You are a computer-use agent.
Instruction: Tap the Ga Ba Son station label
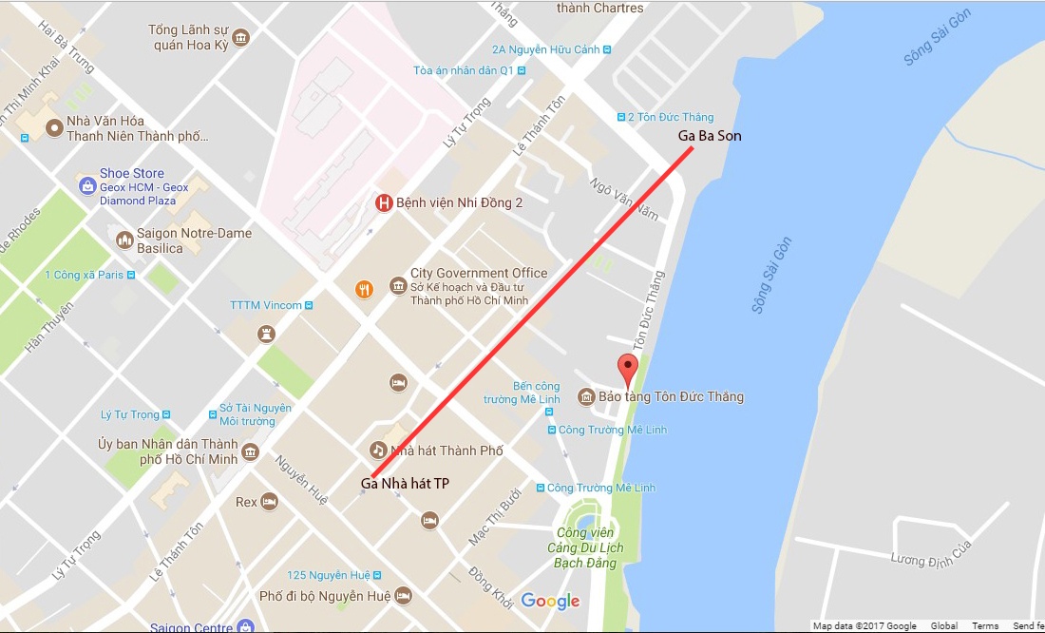pyautogui.click(x=710, y=136)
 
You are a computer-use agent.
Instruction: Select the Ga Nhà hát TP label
pyautogui.click(x=405, y=484)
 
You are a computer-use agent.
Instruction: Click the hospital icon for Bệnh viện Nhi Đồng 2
pyautogui.click(x=384, y=202)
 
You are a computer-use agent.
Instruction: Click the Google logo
pyautogui.click(x=550, y=601)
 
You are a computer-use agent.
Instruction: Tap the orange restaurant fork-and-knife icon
pyautogui.click(x=362, y=289)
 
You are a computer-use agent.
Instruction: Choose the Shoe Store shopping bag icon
pyautogui.click(x=87, y=181)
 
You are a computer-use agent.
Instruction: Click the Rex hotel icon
pyautogui.click(x=270, y=501)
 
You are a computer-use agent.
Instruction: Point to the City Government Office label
pyautogui.click(x=479, y=274)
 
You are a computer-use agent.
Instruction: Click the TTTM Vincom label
pyautogui.click(x=266, y=305)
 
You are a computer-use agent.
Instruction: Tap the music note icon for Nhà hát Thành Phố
pyautogui.click(x=377, y=450)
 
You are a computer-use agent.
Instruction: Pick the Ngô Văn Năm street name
pyautogui.click(x=623, y=200)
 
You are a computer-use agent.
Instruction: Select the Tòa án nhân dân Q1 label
pyautogui.click(x=464, y=70)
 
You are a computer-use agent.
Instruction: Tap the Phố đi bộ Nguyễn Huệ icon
pyautogui.click(x=403, y=596)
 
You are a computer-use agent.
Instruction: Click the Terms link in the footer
pyautogui.click(x=985, y=626)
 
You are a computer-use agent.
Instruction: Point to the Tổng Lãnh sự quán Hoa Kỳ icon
pyautogui.click(x=241, y=37)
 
